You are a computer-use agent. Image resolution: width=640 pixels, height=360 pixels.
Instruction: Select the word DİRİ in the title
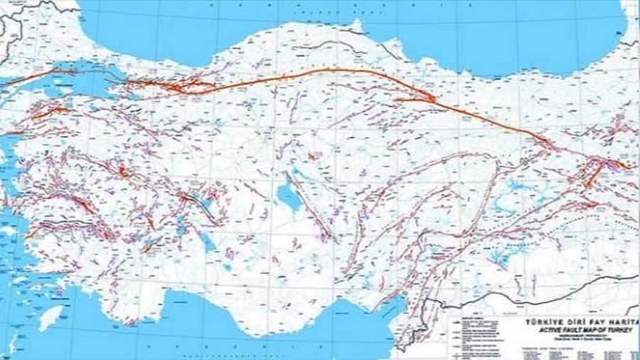click(x=577, y=322)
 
